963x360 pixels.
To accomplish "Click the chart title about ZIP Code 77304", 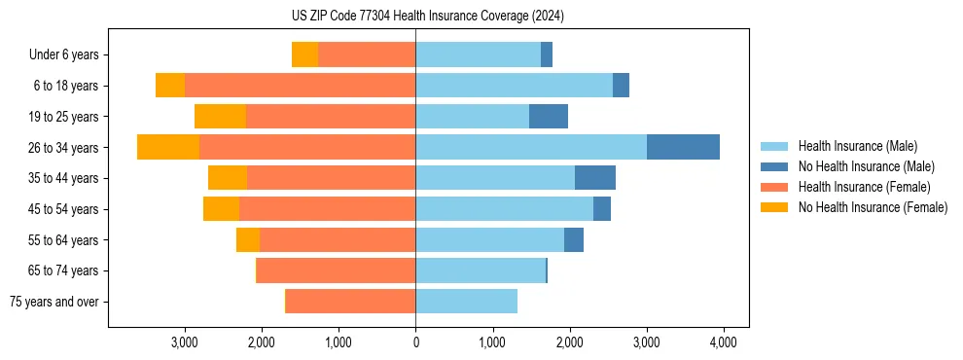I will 427,17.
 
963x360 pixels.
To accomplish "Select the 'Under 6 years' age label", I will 70,55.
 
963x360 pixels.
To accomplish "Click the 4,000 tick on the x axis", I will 723,342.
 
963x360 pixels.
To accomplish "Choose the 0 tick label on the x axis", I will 415,342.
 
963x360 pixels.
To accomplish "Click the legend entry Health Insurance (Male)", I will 857,146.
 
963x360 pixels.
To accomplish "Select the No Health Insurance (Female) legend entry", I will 873,207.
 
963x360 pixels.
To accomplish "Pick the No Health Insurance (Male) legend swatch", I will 775,166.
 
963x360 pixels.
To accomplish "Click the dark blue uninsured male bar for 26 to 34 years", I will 683,147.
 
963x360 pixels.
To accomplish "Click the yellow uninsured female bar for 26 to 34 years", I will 168,147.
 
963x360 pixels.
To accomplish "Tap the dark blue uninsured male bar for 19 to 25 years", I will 549,117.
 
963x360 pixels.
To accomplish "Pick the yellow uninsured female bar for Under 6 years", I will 304,54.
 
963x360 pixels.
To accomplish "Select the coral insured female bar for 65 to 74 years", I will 336,270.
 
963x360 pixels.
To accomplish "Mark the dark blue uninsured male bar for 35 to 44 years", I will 595,178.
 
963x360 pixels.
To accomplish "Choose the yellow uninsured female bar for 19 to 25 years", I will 220,117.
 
